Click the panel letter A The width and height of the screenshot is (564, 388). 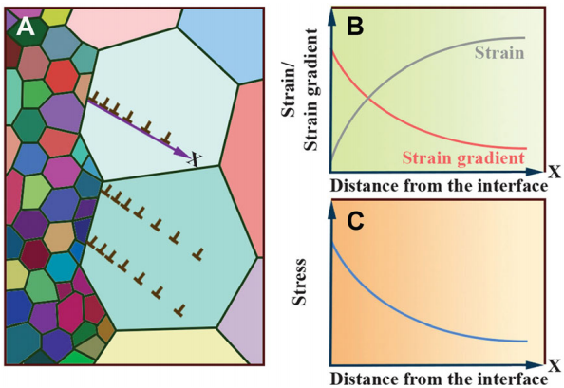click(26, 27)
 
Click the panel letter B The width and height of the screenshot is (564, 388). click(355, 27)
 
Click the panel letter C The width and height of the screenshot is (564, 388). click(355, 221)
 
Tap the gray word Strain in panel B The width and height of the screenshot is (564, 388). click(499, 53)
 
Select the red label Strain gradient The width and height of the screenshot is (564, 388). click(463, 158)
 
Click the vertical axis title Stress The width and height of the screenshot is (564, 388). click(299, 282)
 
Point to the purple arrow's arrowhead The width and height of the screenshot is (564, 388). click(182, 152)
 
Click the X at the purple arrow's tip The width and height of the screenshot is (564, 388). click(195, 159)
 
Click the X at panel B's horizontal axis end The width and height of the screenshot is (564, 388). click(555, 172)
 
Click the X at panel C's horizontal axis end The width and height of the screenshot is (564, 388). click(555, 366)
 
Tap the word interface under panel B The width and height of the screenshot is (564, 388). click(513, 186)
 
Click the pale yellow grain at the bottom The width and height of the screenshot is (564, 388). click(173, 347)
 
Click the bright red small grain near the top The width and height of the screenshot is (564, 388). click(62, 77)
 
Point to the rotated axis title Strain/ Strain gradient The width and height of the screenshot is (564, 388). click(299, 90)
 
